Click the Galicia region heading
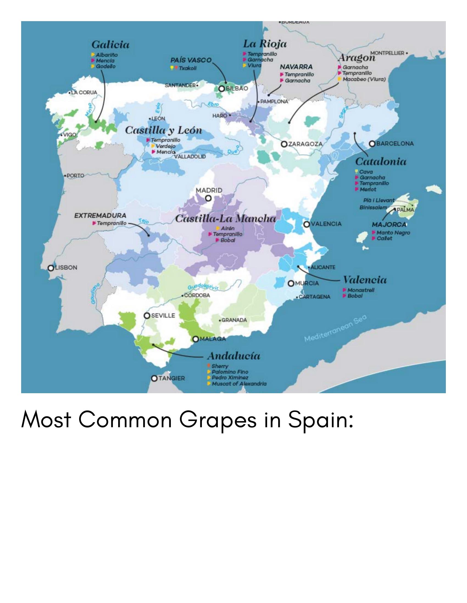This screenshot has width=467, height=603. point(110,45)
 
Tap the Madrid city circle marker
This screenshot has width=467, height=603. point(209,198)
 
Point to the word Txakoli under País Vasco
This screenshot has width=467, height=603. point(188,68)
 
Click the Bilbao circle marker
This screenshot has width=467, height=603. point(221,89)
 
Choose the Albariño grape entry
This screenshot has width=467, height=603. point(107,55)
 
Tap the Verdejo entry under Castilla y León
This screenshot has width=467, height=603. point(165,146)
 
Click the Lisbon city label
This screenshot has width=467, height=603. point(66,267)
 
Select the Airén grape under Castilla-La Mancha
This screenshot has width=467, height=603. point(227,228)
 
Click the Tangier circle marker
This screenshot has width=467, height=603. point(155,378)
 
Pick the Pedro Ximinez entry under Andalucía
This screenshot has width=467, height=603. point(230,378)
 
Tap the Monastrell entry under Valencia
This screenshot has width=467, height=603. point(361,290)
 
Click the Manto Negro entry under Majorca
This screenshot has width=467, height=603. point(393,233)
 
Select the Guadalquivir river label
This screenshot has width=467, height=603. point(203,287)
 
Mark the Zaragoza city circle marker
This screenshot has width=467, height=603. point(284,144)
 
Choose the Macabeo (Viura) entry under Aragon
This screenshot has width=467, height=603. point(364,79)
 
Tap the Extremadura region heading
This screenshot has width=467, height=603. point(100,216)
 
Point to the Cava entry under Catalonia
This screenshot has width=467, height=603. point(366,172)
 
